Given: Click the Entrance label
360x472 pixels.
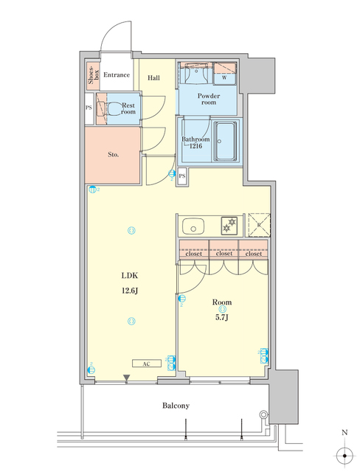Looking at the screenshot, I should (x=117, y=74).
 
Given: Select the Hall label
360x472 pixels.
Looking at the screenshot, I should (x=154, y=77).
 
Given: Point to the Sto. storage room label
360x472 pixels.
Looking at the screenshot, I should (x=114, y=155).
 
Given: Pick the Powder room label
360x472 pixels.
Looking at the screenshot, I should (x=209, y=100).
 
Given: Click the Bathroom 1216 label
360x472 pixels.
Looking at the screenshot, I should (x=195, y=142).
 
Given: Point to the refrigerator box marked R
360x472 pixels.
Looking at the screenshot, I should (x=258, y=223).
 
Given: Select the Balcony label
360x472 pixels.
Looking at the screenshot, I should (x=176, y=406).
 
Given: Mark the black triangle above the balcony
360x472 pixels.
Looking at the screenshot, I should (x=128, y=378).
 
